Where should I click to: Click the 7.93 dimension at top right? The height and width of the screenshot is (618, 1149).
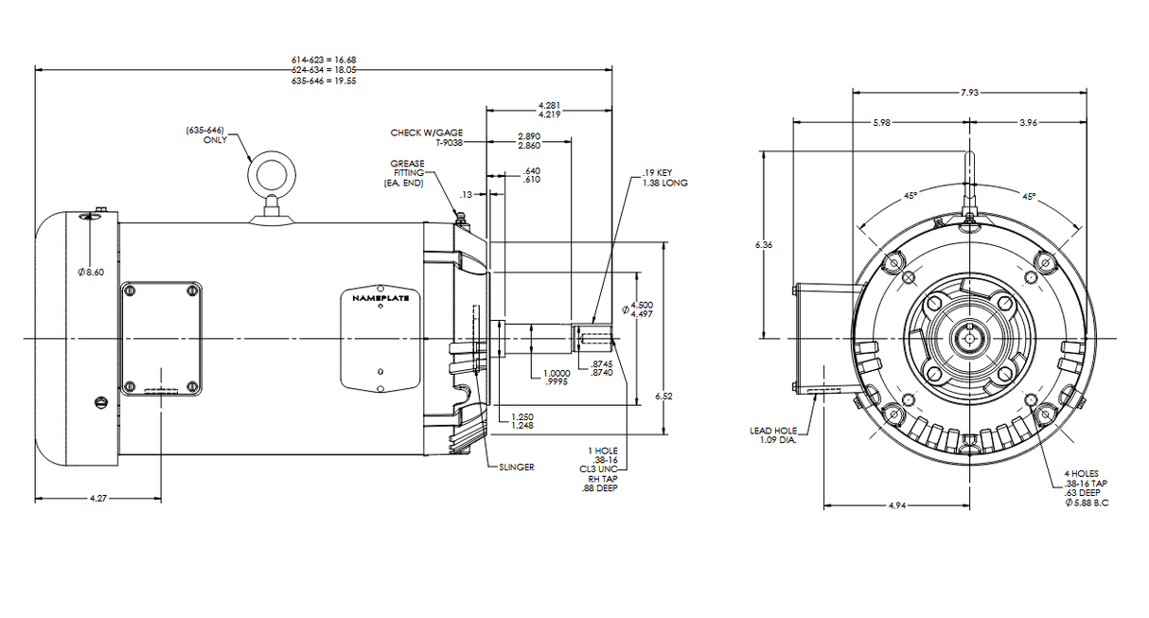(969, 92)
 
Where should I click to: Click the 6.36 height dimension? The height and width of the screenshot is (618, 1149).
(764, 245)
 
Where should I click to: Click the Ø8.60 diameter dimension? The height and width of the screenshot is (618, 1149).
(92, 273)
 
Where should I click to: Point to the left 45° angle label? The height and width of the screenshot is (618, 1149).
(910, 195)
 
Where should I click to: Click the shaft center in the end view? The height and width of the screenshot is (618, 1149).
(968, 338)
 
